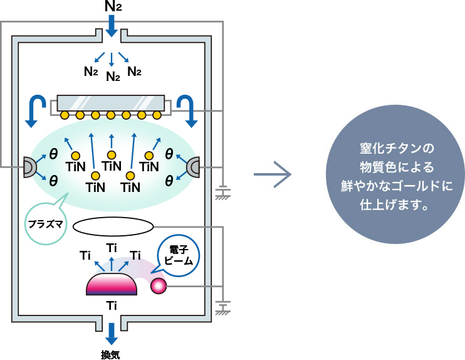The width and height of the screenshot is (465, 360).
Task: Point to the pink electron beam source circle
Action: (157, 286)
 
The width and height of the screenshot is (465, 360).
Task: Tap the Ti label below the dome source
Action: (112, 306)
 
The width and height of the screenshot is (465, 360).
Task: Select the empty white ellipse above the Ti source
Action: (113, 225)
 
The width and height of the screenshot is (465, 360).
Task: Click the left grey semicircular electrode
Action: (29, 167)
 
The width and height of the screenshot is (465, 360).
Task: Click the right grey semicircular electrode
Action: (195, 167)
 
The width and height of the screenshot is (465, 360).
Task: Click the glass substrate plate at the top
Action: (111, 103)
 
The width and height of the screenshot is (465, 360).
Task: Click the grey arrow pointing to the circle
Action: (273, 176)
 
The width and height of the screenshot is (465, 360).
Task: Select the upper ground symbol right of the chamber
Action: (221, 194)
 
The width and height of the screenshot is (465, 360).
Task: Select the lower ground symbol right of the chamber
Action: (221, 309)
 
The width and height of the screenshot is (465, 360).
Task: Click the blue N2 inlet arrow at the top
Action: (112, 26)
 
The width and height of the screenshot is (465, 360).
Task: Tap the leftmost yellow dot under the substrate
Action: (65, 115)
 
